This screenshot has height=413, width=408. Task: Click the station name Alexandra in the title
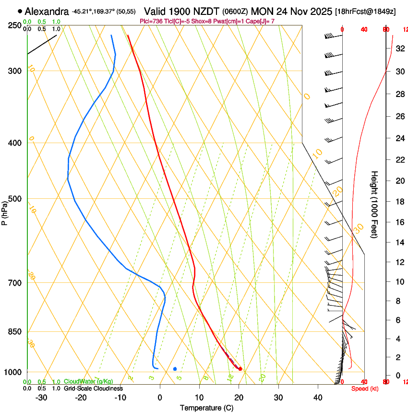[47, 12]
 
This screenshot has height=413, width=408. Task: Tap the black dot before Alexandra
[20, 11]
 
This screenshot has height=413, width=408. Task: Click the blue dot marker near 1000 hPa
[175, 369]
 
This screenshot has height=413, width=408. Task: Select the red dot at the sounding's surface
[240, 369]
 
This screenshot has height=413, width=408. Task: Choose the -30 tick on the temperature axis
[41, 398]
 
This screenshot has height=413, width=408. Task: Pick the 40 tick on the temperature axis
[317, 398]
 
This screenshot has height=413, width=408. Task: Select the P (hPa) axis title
[4, 212]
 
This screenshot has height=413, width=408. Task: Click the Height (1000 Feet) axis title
[375, 204]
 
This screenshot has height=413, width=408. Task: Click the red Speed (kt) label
[364, 389]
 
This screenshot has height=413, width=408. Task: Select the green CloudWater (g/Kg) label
[88, 382]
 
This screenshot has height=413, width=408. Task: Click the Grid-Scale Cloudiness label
[93, 389]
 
